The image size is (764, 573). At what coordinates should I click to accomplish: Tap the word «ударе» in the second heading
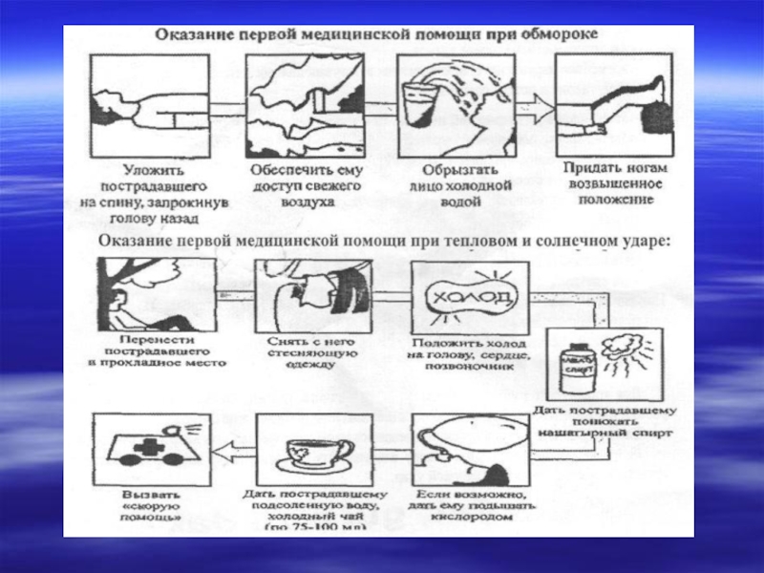coord(648,240)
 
